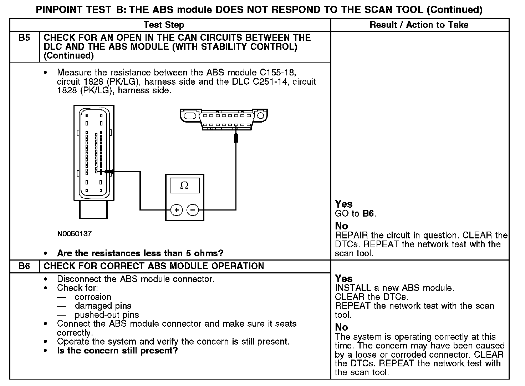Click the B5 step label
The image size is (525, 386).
coord(24,38)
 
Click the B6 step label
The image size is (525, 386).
coord(24,266)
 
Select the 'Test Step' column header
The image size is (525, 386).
coord(164,25)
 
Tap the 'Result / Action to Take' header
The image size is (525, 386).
coord(419,25)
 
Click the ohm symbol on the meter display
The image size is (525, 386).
coord(184,185)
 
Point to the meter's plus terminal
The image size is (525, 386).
coord(177,210)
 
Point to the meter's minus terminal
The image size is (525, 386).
coord(193,210)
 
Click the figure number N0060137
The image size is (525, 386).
coord(74,234)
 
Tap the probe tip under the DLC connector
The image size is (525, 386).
coord(236,137)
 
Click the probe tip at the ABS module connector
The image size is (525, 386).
coord(108,172)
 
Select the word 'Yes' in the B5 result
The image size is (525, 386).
coord(344,204)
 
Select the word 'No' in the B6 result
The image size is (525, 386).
coord(341,327)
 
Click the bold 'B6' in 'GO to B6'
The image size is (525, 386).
coord(368,214)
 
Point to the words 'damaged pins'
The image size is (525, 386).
coord(103,306)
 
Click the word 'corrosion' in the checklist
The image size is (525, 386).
coord(93,297)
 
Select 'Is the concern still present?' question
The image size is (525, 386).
coord(117,351)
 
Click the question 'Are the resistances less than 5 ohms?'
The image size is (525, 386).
coord(140,253)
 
